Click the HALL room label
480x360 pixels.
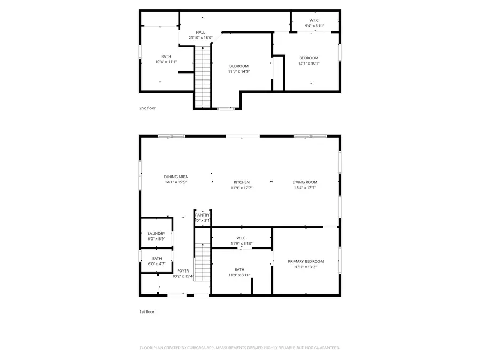(201, 32)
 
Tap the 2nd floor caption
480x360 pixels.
(147, 108)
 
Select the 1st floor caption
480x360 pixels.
(147, 311)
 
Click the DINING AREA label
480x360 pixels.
(175, 177)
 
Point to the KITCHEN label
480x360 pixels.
(241, 182)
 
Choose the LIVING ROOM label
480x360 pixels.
(305, 182)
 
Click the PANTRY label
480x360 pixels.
(202, 215)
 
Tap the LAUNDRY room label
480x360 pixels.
(156, 233)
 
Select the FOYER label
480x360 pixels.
(183, 271)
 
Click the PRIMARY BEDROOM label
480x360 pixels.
(306, 261)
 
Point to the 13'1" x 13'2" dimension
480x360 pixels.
(306, 267)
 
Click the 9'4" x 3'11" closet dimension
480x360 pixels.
(314, 26)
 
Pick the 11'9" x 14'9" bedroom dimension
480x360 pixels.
(239, 71)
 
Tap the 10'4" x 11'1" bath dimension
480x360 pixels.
(166, 62)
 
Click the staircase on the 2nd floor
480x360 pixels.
(203, 76)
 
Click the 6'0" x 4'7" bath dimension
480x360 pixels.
(156, 263)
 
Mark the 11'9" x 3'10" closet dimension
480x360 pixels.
(241, 243)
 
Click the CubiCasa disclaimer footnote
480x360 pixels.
(239, 348)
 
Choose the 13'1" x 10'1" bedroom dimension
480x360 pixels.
(308, 63)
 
